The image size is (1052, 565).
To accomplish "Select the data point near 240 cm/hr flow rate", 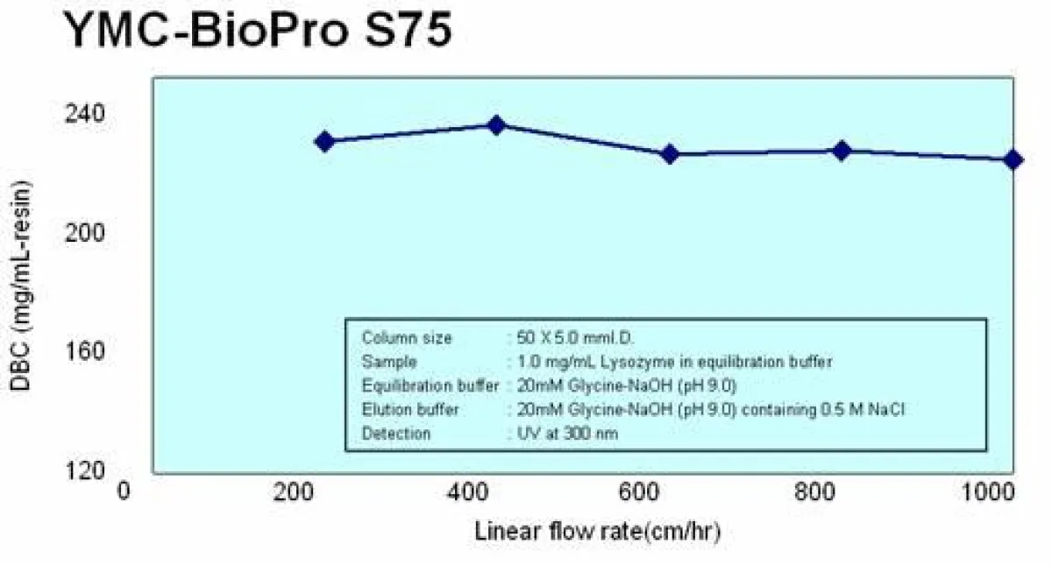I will click(324, 141).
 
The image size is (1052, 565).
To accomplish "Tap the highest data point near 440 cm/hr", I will click(496, 125).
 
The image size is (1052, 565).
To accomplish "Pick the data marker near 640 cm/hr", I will click(670, 154).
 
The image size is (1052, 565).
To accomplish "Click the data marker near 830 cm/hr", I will click(842, 151).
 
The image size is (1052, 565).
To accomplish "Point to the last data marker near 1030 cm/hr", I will click(1013, 160).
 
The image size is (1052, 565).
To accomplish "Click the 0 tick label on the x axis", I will click(124, 491).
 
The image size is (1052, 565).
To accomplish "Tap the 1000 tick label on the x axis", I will click(984, 491).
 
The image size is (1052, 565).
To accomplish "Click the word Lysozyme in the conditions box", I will click(608, 362).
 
